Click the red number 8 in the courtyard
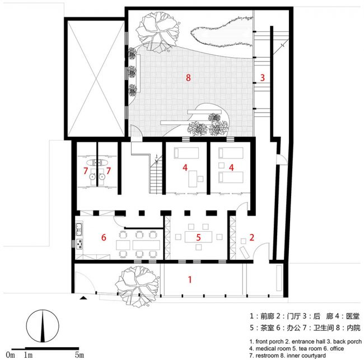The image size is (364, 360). point(188,77)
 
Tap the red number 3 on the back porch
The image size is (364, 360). point(262,77)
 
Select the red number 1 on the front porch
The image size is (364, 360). point(190,279)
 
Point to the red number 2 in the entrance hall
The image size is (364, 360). point(251,237)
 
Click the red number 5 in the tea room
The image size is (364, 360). point(198,237)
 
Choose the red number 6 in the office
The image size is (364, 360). point(104,237)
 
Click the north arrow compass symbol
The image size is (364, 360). point(43,326)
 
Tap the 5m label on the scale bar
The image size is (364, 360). point(80,355)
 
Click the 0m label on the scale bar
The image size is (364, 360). point(11,355)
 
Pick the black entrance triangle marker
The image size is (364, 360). point(83,298)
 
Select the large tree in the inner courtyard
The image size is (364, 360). point(158,31)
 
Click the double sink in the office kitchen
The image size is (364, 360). point(79,229)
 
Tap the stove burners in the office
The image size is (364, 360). point(79,244)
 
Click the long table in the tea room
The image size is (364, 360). point(198,237)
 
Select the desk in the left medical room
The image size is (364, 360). point(193,179)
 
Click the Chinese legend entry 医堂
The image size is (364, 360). point(353,316)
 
